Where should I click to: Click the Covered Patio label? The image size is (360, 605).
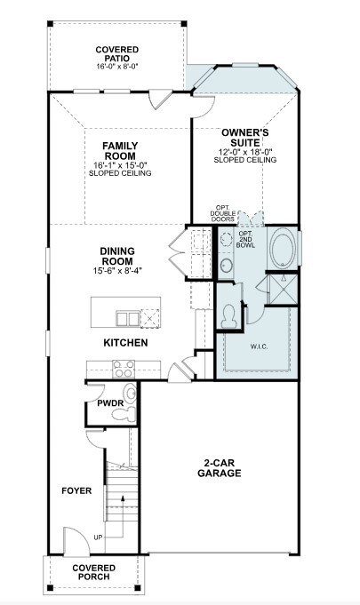[117, 53]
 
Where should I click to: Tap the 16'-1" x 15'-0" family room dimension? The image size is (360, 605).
[120, 165]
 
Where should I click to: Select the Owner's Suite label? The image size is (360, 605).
[245, 138]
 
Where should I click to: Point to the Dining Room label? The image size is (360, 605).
[117, 256]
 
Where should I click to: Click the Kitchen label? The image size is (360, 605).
[125, 343]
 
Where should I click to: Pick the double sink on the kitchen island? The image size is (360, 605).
[128, 319]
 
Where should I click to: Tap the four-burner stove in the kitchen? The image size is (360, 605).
[124, 369]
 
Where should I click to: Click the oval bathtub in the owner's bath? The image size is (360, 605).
[284, 249]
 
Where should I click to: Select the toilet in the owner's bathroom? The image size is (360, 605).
[229, 316]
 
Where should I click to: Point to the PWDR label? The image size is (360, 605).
[110, 403]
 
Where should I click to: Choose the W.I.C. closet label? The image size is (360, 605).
[259, 346]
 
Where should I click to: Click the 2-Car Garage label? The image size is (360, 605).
[220, 468]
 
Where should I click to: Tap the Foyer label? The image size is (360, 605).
[76, 490]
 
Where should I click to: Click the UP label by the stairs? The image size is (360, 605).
[98, 537]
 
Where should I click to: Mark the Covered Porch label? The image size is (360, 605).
[93, 572]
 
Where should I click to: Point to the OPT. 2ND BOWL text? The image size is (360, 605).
[245, 239]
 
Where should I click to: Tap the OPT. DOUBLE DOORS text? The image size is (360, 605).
[222, 213]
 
